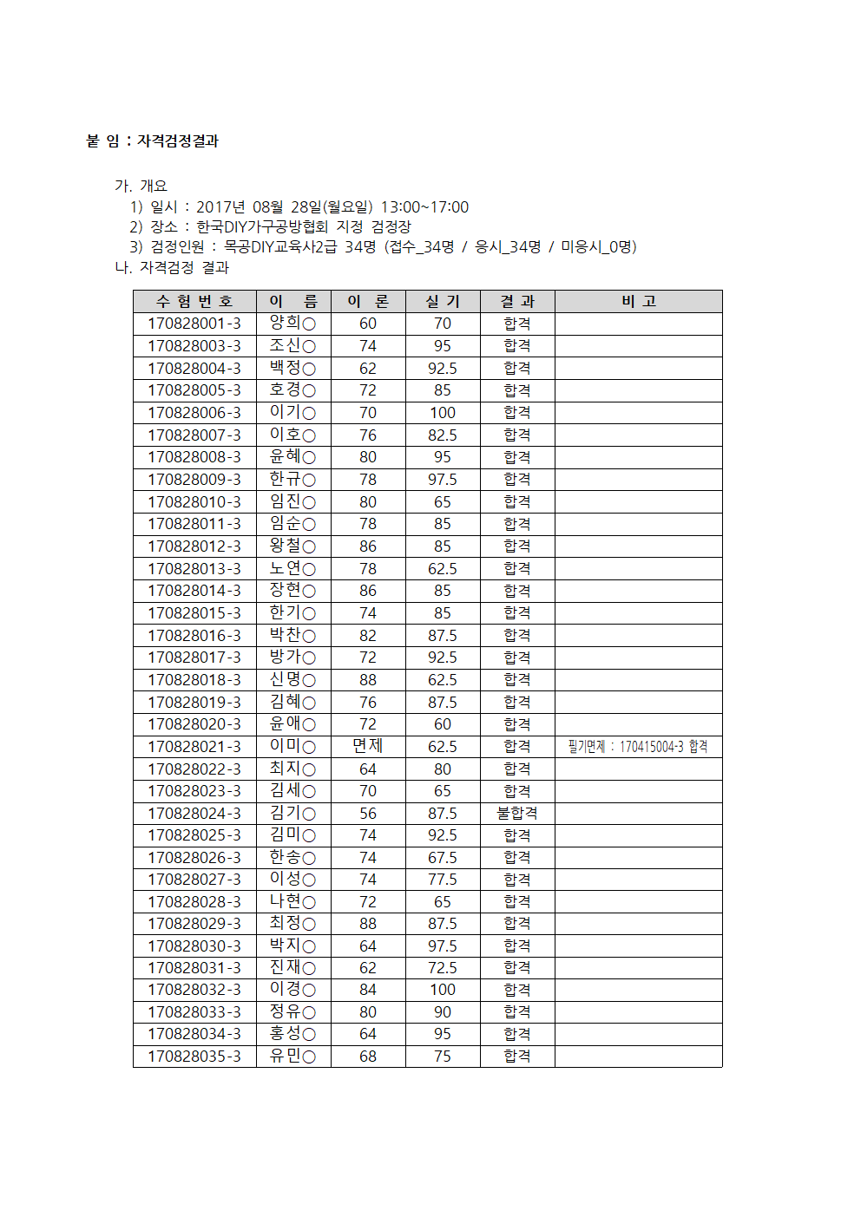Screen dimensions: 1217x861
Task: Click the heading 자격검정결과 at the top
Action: (178, 141)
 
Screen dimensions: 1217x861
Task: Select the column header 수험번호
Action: (194, 301)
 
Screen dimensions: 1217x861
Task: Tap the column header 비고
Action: (638, 301)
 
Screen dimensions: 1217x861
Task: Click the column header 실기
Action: (443, 301)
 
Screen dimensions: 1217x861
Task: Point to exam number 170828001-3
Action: (194, 324)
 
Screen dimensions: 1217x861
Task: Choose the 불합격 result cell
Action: (517, 813)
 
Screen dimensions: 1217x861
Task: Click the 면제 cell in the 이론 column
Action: (368, 746)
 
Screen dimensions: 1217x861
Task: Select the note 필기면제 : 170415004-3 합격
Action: (638, 747)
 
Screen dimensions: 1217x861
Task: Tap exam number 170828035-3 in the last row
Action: (194, 1057)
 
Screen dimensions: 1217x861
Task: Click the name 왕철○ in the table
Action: (292, 546)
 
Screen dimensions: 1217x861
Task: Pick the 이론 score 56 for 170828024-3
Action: (368, 813)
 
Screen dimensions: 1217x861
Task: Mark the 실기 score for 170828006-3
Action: (443, 413)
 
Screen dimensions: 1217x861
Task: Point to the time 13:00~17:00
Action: (424, 207)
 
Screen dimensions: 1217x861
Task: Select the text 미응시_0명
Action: (598, 247)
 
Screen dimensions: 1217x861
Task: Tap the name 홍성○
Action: (292, 1034)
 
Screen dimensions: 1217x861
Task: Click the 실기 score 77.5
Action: (443, 880)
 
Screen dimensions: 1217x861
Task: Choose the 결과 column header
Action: (517, 301)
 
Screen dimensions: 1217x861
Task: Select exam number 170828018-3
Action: (194, 680)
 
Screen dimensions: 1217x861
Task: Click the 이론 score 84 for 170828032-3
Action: (368, 990)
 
